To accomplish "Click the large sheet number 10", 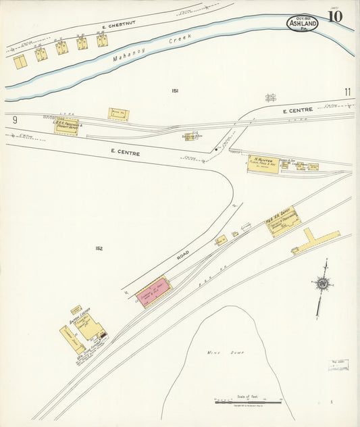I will (x=334, y=16).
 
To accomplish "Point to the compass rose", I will (x=322, y=285).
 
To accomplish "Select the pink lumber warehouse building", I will (x=153, y=291).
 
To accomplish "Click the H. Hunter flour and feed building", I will (x=263, y=164).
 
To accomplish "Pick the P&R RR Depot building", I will (x=284, y=221).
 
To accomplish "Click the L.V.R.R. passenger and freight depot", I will (x=66, y=126).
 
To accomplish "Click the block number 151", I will (x=175, y=91).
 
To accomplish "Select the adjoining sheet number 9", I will (x=14, y=120).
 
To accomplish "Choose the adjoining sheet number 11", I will (x=347, y=92).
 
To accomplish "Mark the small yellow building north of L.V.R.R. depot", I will (x=119, y=114).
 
